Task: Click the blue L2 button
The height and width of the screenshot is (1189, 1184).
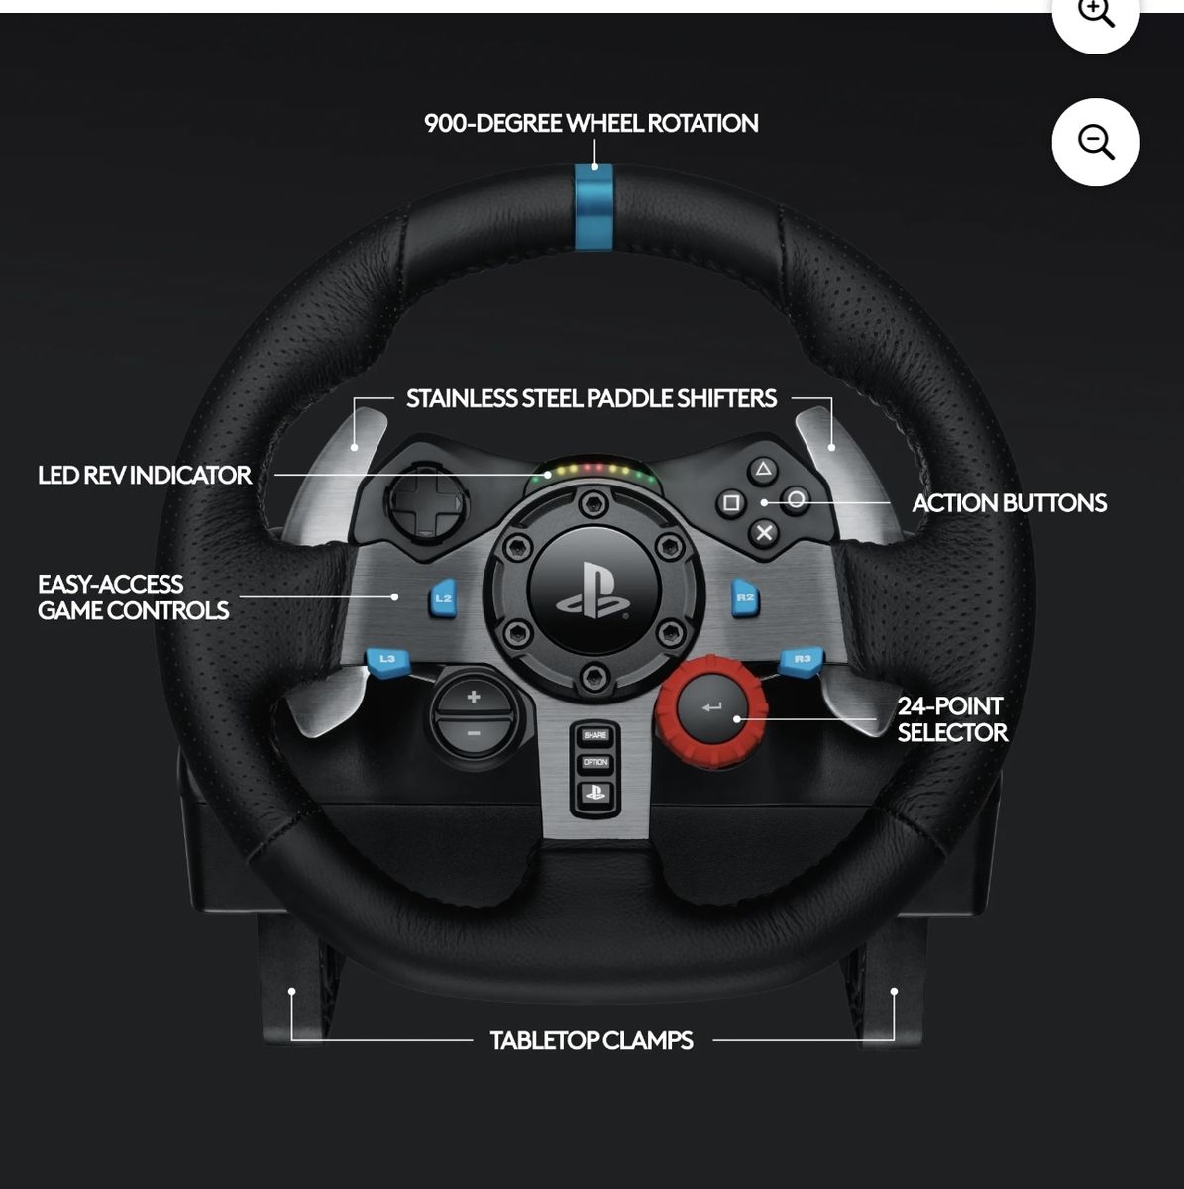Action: pyautogui.click(x=443, y=598)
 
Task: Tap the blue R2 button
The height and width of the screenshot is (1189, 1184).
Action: pyautogui.click(x=745, y=597)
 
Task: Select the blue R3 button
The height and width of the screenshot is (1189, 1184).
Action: pyautogui.click(x=802, y=659)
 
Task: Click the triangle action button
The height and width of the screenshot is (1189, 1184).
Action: pyautogui.click(x=762, y=470)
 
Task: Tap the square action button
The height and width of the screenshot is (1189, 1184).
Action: pyautogui.click(x=731, y=502)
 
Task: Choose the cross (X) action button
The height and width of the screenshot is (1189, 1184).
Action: pyautogui.click(x=764, y=533)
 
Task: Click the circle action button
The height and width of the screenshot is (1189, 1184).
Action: pyautogui.click(x=796, y=499)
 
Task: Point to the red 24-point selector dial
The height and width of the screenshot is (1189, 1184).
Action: pyautogui.click(x=709, y=709)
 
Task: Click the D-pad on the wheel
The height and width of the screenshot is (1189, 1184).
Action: pyautogui.click(x=424, y=502)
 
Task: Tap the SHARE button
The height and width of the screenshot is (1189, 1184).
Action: pyautogui.click(x=594, y=735)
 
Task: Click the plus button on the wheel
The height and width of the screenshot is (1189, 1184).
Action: pyautogui.click(x=474, y=697)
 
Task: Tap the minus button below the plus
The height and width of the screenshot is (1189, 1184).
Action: pyautogui.click(x=474, y=733)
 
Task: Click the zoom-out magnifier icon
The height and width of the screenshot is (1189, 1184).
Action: pyautogui.click(x=1095, y=142)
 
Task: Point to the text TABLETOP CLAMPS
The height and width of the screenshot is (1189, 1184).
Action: pyautogui.click(x=592, y=1040)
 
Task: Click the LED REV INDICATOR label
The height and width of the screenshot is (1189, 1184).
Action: pyautogui.click(x=145, y=475)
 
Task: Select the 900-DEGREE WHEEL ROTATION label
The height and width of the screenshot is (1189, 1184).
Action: pyautogui.click(x=592, y=123)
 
